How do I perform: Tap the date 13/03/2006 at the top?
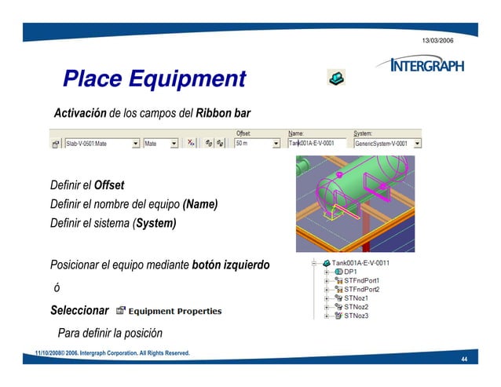(437, 39)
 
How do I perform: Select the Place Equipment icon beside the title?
(335, 77)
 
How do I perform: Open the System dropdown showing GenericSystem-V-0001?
(417, 144)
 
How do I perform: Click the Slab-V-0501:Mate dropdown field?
(97, 144)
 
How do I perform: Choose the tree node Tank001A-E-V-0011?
(361, 263)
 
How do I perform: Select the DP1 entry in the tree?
(350, 272)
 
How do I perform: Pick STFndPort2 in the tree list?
(362, 289)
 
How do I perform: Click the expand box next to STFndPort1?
(326, 280)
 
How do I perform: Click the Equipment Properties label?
(174, 311)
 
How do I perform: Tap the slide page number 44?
(465, 359)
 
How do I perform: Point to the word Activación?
(79, 114)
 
